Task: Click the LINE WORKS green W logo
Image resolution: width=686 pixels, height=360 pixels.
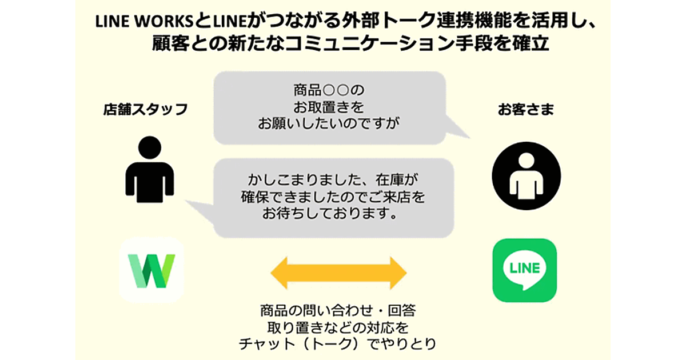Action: pyautogui.click(x=151, y=270)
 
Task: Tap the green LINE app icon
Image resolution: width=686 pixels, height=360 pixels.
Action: pyautogui.click(x=524, y=270)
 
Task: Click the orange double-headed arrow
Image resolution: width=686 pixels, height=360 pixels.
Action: pyautogui.click(x=338, y=273)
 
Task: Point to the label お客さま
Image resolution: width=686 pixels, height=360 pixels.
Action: pyautogui.click(x=525, y=110)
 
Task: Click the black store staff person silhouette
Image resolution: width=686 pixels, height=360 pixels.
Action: pyautogui.click(x=150, y=171)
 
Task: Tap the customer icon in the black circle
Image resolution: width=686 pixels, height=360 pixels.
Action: pyautogui.click(x=527, y=176)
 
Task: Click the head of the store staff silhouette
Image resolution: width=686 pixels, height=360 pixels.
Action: pyautogui.click(x=150, y=147)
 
